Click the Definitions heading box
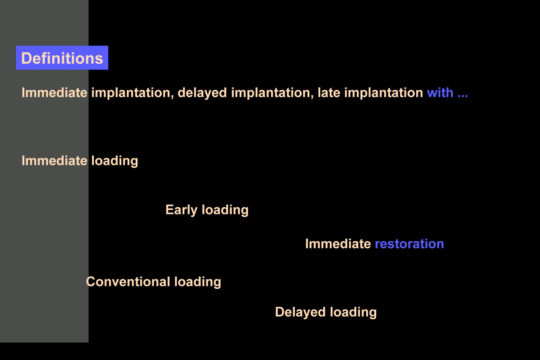click(x=62, y=58)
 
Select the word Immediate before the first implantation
click(x=55, y=93)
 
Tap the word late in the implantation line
click(x=329, y=93)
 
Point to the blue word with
click(x=440, y=93)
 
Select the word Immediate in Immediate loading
click(x=55, y=161)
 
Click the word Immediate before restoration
click(x=338, y=244)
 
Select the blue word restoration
click(x=410, y=244)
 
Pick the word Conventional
click(x=128, y=282)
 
